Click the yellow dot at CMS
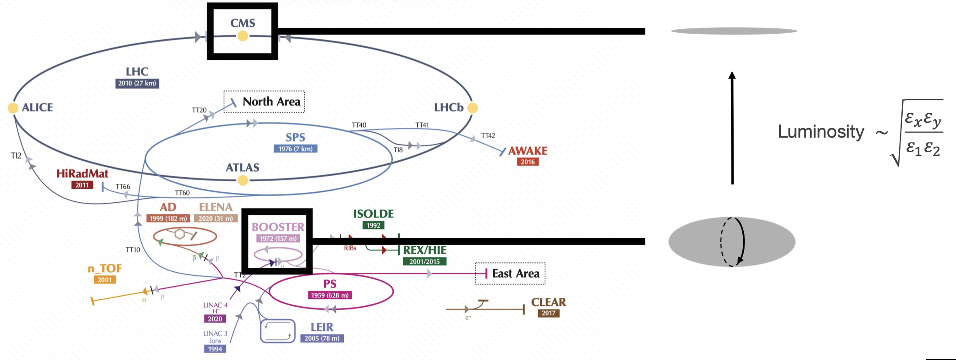(243, 36)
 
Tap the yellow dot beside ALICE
(13, 108)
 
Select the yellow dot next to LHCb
(472, 108)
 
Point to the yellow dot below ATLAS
(243, 180)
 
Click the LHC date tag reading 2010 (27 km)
(137, 83)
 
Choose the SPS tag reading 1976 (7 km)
(295, 149)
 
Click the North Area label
(271, 102)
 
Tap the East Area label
(516, 274)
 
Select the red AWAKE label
(527, 151)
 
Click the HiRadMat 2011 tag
(82, 185)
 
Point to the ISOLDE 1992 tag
(373, 225)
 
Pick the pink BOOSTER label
(278, 227)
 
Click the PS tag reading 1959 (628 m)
(330, 295)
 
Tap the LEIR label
(322, 327)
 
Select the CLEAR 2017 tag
(548, 313)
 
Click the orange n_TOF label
(105, 269)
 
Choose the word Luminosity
(821, 132)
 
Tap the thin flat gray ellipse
(734, 31)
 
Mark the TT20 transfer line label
(199, 110)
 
